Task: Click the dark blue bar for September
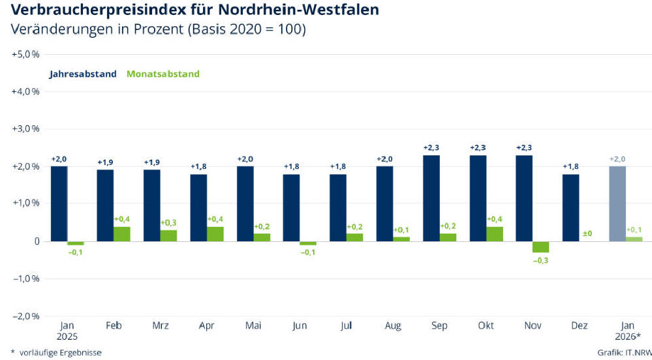431,198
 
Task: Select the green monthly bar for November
540,247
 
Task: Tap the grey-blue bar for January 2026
617,203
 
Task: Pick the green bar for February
122,233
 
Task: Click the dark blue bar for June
291,207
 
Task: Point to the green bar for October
494,233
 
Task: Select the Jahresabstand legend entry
82,74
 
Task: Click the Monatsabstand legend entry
163,74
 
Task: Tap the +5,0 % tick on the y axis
26,54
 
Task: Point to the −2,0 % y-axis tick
26,316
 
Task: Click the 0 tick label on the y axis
37,241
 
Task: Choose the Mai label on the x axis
253,325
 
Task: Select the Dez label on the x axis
579,325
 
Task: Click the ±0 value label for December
587,233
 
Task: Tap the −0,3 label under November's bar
540,260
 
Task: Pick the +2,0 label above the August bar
385,158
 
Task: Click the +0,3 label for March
168,222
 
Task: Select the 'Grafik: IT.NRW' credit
623,352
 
